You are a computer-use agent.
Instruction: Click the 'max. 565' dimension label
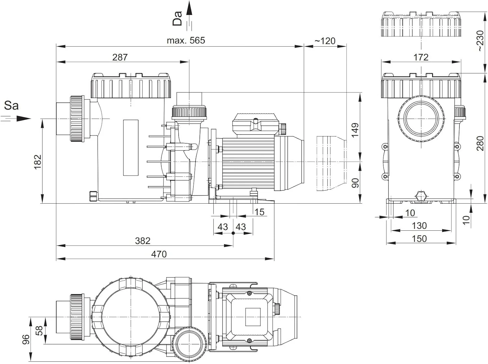186,40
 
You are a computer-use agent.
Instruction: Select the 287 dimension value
120,57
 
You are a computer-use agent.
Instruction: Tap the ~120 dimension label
325,41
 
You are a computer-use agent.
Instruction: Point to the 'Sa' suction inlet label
11,106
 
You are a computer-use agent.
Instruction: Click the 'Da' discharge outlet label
177,19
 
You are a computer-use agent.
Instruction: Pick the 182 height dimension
38,162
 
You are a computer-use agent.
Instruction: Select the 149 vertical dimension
355,131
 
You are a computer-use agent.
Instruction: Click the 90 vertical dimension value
355,183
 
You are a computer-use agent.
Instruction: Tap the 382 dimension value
142,241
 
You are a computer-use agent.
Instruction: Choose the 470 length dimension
159,255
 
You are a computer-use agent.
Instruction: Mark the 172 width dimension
421,57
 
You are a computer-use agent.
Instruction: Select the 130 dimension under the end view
419,226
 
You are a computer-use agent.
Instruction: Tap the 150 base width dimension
419,239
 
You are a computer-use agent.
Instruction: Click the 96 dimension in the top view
26,340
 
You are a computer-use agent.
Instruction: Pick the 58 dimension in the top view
39,331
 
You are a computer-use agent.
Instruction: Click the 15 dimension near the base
259,212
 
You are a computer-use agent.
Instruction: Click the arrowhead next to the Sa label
24,119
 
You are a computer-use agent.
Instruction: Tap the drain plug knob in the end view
421,196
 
